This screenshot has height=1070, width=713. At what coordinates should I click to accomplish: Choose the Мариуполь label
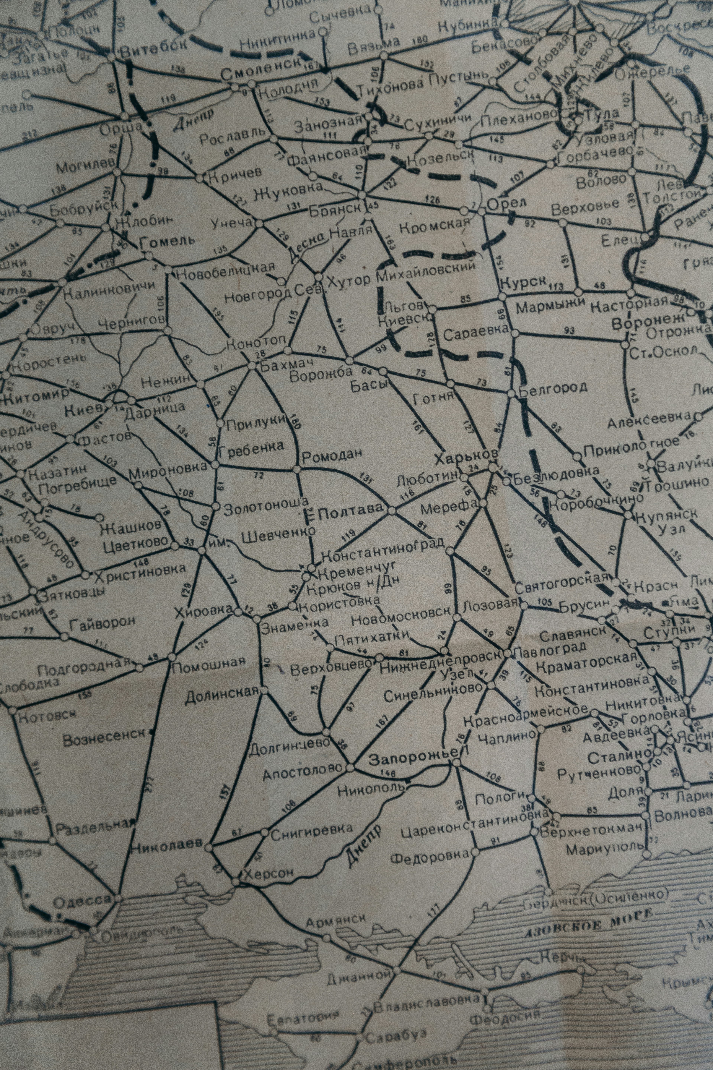tap(605, 847)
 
